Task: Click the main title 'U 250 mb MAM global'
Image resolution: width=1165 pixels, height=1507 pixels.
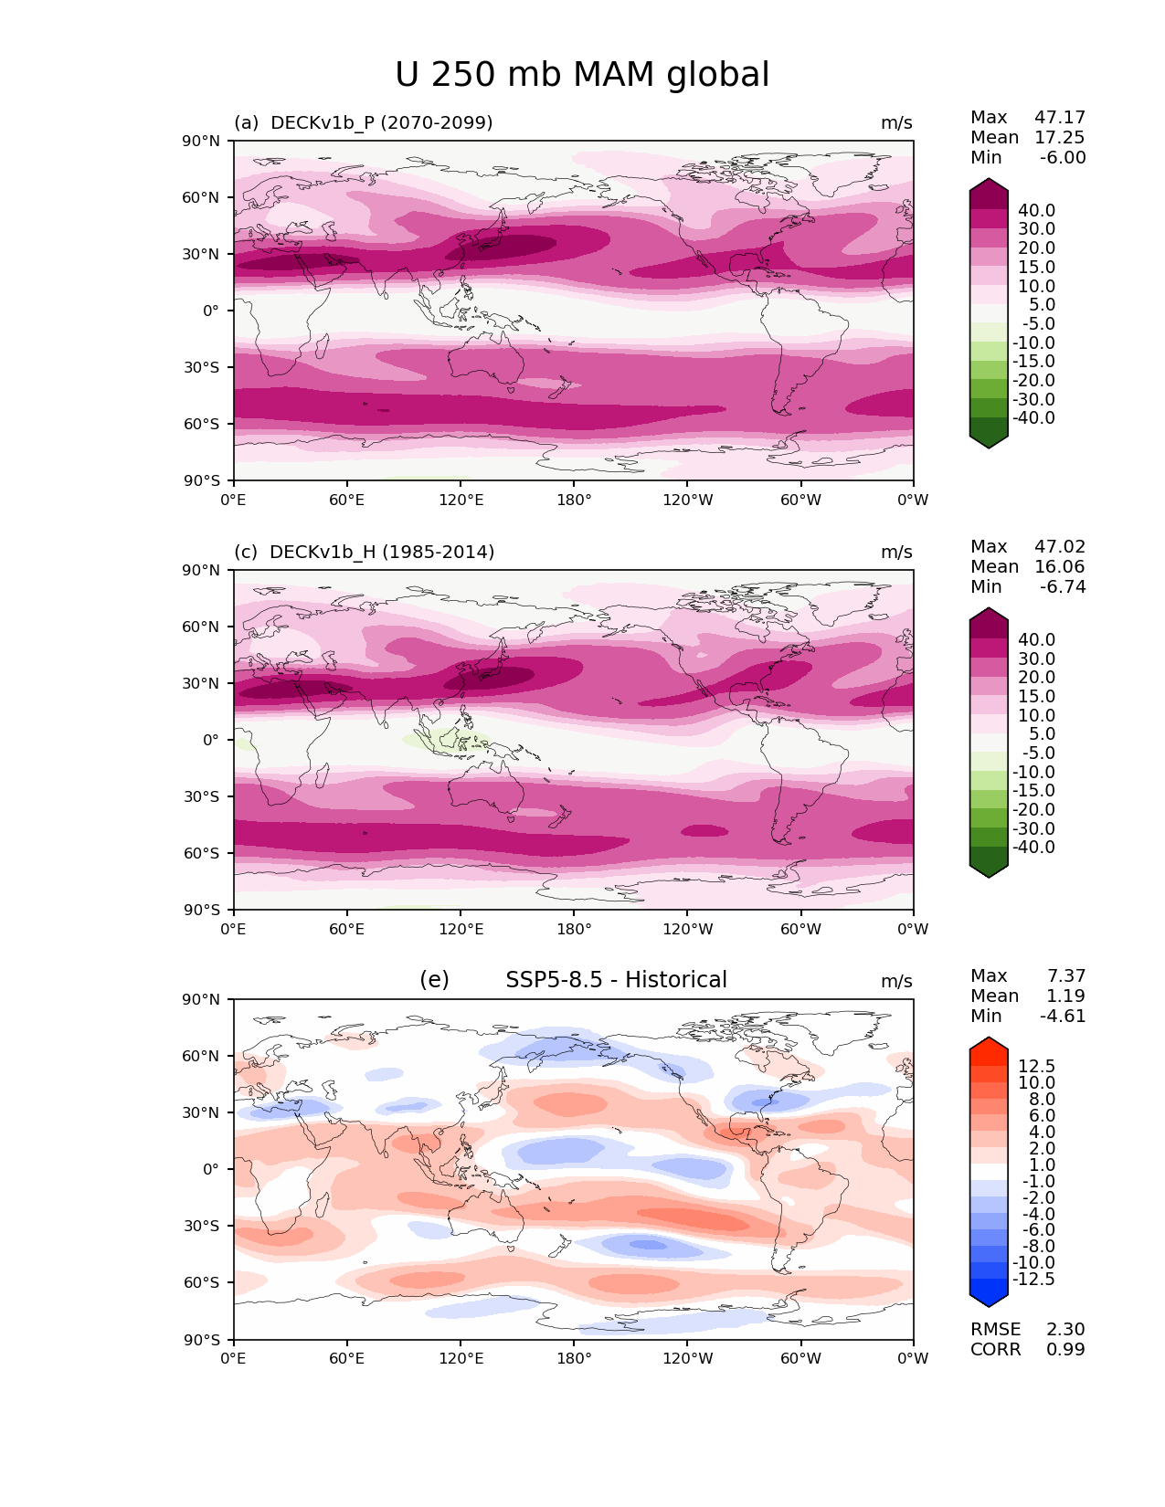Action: [582, 75]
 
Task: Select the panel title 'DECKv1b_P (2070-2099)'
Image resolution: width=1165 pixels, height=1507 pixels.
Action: [381, 122]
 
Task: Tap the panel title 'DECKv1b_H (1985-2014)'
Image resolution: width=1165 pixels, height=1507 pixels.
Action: [382, 552]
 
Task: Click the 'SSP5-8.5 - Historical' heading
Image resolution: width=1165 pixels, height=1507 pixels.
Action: [616, 980]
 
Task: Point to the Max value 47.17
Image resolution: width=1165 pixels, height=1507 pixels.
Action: [1060, 117]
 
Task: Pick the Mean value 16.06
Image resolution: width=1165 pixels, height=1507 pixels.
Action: [1060, 566]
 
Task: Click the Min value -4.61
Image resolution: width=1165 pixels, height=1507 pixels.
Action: [1063, 1016]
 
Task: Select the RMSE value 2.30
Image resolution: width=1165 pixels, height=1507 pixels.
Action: [1065, 1329]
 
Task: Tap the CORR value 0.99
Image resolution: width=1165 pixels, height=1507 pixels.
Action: [1065, 1349]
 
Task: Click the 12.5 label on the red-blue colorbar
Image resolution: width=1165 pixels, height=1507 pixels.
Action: [1036, 1066]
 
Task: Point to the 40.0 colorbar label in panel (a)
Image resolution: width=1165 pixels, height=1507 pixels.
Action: [1036, 210]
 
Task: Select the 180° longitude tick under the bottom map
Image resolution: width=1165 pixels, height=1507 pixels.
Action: [574, 1358]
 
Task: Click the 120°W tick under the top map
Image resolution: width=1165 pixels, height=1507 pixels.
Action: [687, 500]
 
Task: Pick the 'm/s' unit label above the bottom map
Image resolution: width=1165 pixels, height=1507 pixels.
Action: [896, 981]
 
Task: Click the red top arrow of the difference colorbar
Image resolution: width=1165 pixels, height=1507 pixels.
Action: [989, 1047]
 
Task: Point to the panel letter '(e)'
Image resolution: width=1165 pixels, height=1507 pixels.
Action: [434, 980]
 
